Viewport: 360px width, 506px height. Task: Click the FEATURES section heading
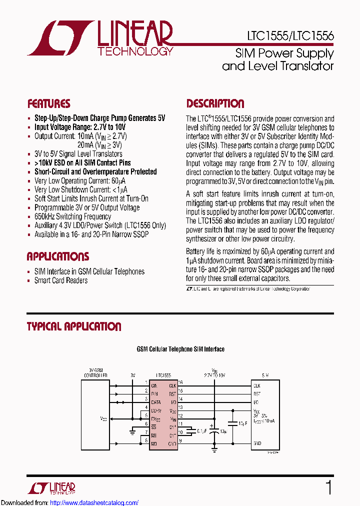[x=48, y=104]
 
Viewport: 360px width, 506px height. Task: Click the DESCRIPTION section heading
[x=215, y=104]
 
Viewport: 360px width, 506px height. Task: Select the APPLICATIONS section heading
[x=57, y=257]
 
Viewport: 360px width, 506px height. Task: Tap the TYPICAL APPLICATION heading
[x=73, y=327]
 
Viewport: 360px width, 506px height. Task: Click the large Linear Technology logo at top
[x=100, y=37]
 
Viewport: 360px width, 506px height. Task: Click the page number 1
[x=328, y=487]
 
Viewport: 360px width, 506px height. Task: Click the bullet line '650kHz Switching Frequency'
[x=72, y=216]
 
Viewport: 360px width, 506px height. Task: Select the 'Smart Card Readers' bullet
[x=60, y=280]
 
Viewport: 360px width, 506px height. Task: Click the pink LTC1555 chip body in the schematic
[x=163, y=415]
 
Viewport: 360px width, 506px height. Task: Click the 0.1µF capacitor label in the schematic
[x=202, y=429]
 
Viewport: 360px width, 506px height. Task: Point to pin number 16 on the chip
[x=180, y=383]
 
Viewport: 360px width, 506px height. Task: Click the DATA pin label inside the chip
[x=156, y=401]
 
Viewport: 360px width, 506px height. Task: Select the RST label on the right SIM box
[x=257, y=393]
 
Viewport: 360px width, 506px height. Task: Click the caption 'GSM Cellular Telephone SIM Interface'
[x=180, y=349]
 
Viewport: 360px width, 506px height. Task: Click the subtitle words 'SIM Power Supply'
[x=284, y=53]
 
